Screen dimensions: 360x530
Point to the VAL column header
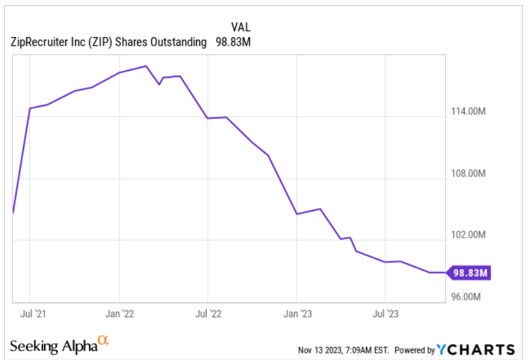[240, 27]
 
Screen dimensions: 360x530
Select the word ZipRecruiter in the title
[38, 42]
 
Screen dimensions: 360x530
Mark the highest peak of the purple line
[146, 66]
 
